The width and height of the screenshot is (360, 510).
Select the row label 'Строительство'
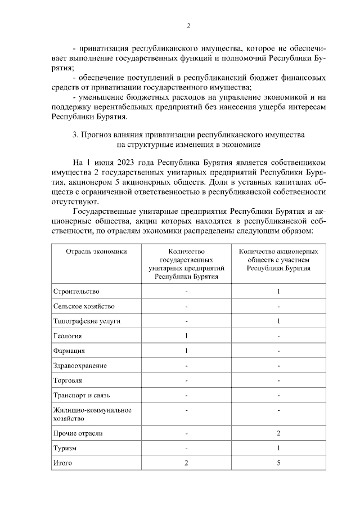(x=76, y=292)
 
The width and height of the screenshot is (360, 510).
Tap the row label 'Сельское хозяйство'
(x=84, y=306)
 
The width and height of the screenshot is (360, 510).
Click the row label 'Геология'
(x=67, y=336)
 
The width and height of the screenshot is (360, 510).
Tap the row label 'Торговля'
(x=67, y=381)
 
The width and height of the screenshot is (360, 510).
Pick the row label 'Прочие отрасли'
(x=78, y=433)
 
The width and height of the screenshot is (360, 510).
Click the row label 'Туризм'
(x=65, y=448)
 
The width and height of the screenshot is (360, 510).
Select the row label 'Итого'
(x=63, y=463)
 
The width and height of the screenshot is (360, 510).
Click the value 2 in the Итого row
(x=186, y=463)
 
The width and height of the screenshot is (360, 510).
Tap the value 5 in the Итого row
(x=278, y=463)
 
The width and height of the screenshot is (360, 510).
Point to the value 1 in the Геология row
(x=186, y=336)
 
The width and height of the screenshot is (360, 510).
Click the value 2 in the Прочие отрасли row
(x=278, y=433)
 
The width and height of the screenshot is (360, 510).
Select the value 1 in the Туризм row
(x=278, y=448)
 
